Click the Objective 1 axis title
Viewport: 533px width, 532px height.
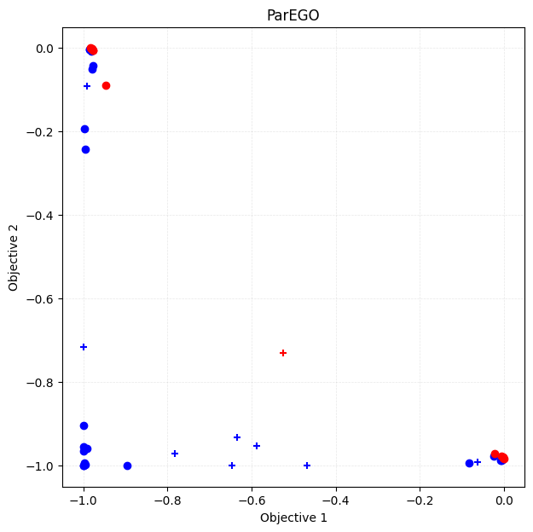tap(293, 518)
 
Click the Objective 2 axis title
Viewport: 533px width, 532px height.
tap(14, 257)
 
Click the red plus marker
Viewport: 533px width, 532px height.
tap(283, 353)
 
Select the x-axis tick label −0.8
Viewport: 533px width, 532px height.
tap(167, 500)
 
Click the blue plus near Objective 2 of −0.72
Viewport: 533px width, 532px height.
tap(84, 347)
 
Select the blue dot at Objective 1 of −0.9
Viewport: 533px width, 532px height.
tap(127, 465)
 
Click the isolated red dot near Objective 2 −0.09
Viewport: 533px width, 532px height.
tap(106, 85)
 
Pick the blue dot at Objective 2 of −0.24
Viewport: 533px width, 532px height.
tap(85, 149)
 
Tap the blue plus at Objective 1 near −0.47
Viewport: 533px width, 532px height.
tap(307, 465)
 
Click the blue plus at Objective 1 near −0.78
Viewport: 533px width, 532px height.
tap(175, 454)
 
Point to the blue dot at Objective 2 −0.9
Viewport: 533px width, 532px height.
tap(84, 425)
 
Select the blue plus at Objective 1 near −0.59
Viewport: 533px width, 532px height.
tap(257, 446)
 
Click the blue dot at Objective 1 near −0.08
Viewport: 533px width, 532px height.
tap(469, 463)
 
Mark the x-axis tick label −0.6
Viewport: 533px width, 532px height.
tap(252, 500)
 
